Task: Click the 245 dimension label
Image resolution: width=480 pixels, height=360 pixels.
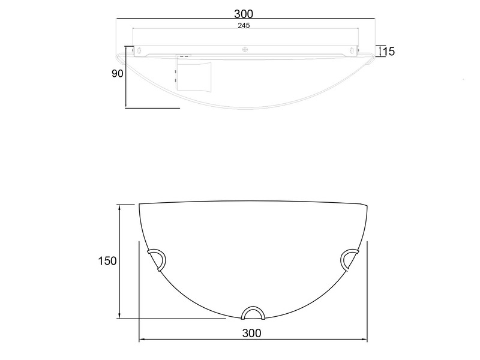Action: pos(244,26)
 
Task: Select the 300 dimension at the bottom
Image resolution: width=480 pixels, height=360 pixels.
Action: pos(252,333)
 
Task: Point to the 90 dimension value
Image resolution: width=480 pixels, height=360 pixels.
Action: pos(117,74)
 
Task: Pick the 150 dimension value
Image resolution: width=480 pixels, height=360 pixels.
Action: pos(107,261)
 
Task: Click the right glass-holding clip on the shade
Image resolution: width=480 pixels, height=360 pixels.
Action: pos(350,259)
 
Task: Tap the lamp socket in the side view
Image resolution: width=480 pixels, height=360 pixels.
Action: pos(194,75)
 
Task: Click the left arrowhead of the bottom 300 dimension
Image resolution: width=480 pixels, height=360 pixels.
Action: pos(142,340)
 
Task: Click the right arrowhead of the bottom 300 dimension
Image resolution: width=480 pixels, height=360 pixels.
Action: pos(365,340)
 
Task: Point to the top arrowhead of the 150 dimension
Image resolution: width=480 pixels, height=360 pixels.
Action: pos(120,207)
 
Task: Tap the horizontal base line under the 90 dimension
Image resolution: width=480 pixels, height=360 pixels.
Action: pos(152,108)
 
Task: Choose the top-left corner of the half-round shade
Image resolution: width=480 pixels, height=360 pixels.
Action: pos(139,205)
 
